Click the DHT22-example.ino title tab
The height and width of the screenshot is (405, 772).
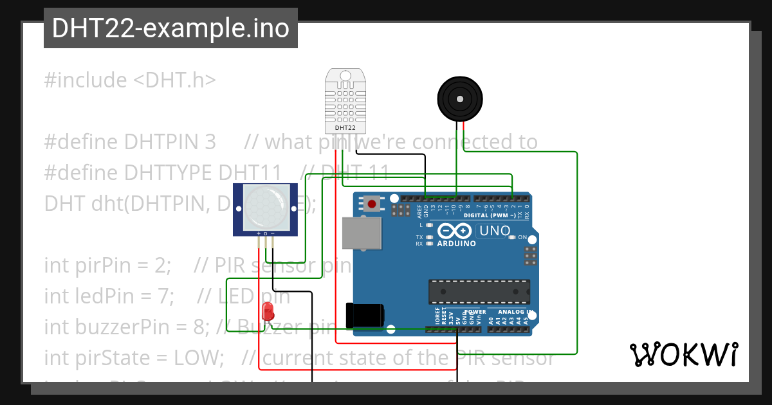click(x=170, y=28)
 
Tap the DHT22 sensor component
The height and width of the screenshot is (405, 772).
click(x=345, y=100)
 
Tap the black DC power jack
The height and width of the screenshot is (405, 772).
click(x=365, y=314)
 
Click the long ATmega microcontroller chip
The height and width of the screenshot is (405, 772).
click(x=479, y=291)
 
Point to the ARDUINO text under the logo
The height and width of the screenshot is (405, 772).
click(x=457, y=244)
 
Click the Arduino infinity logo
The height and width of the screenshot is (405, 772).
click(x=455, y=231)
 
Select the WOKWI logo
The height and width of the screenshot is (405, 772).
click(x=683, y=354)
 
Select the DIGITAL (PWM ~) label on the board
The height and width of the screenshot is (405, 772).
click(x=490, y=215)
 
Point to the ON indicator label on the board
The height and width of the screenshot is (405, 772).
click(x=523, y=237)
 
